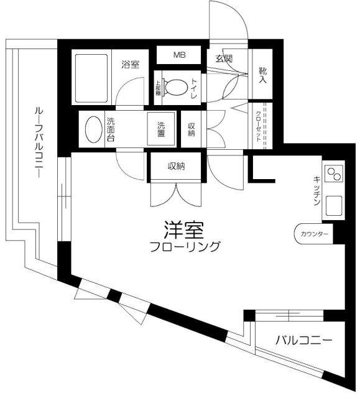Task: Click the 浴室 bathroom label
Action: coord(130,64)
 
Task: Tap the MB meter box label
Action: coord(179,55)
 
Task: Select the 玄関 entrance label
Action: coord(224,60)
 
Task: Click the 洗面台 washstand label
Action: coord(110,129)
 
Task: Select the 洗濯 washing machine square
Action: coord(160,129)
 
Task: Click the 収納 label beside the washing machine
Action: coord(192,129)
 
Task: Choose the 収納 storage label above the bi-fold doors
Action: coord(175,165)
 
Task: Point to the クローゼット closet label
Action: coord(259,126)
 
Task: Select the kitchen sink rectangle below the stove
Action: coord(333,205)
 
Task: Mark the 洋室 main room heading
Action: coord(185,229)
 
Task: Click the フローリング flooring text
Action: coord(185,247)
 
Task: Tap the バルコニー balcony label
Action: coord(303,341)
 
